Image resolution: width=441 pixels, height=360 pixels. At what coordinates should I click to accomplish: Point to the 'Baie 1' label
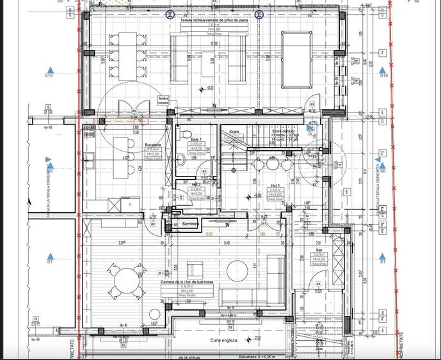(196, 139)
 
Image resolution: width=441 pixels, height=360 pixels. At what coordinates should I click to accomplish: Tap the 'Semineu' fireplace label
(190, 224)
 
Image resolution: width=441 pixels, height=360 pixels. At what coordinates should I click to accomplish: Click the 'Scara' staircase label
(234, 133)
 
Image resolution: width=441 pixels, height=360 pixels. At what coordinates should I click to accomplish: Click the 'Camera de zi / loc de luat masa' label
(188, 281)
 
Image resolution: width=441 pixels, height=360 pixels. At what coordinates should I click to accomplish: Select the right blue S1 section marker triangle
(383, 253)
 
